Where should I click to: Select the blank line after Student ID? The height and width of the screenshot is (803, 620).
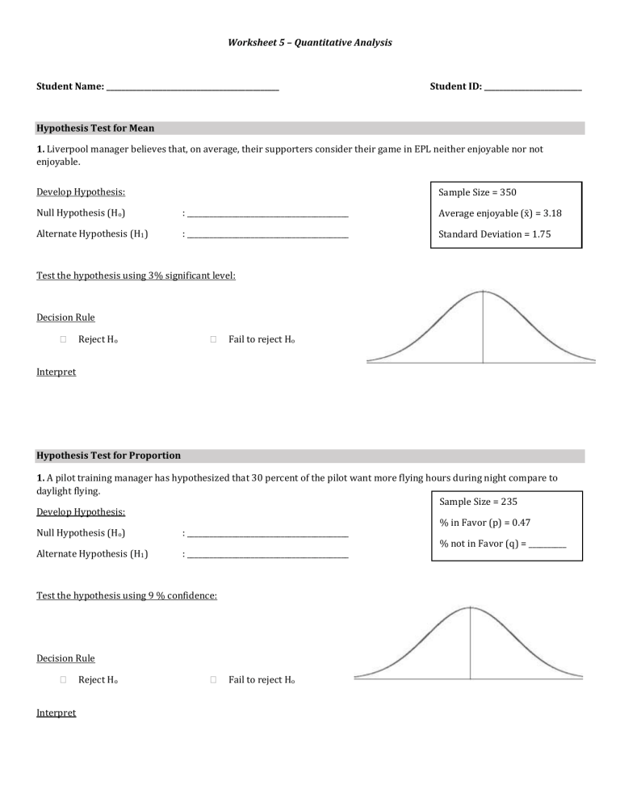(x=533, y=86)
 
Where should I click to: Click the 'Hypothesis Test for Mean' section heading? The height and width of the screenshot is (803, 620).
(x=95, y=128)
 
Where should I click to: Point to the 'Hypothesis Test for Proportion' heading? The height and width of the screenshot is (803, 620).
(x=109, y=456)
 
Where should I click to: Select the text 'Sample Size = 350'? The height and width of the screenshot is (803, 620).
(x=477, y=192)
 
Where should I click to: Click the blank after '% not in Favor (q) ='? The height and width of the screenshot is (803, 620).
(x=547, y=545)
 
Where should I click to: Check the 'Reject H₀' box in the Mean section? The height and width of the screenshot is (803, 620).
(x=63, y=339)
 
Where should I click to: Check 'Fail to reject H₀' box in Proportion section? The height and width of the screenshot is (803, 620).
(x=213, y=681)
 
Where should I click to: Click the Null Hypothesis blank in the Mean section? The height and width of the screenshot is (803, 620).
(x=267, y=215)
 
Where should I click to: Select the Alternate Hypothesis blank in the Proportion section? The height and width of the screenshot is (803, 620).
(x=267, y=555)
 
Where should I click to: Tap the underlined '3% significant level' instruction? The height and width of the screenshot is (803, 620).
(x=136, y=275)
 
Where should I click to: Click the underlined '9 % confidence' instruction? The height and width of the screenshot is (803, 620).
(x=127, y=595)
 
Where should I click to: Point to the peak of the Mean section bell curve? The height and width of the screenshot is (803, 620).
(x=483, y=292)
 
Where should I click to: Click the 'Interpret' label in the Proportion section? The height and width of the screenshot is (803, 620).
(x=57, y=713)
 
